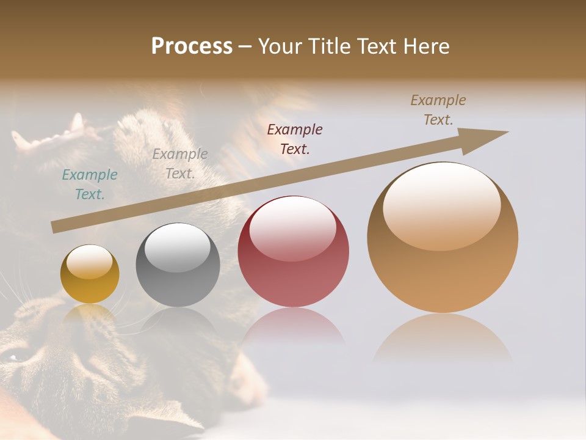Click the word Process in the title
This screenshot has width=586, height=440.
[x=192, y=46]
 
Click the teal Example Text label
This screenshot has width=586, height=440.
[x=90, y=185]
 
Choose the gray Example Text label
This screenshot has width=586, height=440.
[x=180, y=164]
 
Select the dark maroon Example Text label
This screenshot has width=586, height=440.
[x=295, y=139]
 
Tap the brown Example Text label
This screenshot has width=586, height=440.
[x=438, y=110]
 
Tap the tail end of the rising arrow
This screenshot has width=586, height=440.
[x=56, y=227]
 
